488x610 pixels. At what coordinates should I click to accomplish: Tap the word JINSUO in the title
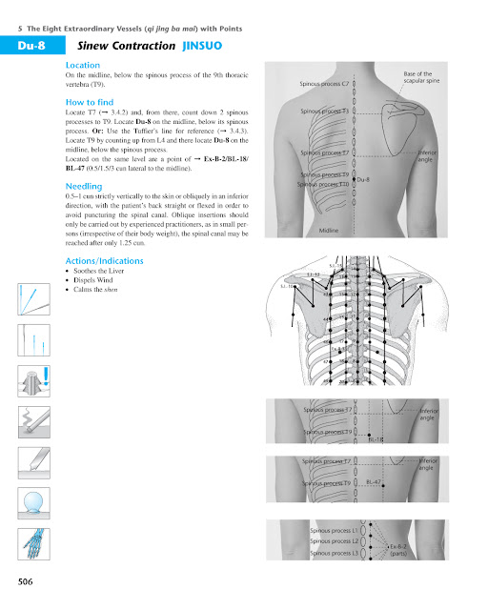[x=201, y=45]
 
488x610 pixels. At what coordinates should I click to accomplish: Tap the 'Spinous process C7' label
[x=328, y=84]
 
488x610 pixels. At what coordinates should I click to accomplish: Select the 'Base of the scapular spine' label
[x=417, y=78]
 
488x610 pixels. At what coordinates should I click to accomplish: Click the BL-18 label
[x=375, y=439]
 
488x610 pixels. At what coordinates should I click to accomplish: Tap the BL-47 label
[x=375, y=483]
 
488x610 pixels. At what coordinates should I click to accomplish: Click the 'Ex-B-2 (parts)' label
[x=399, y=550]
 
